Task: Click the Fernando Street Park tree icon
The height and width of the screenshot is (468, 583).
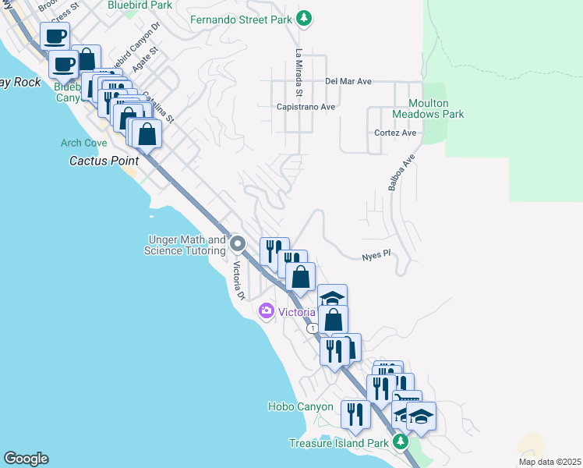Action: [305, 19]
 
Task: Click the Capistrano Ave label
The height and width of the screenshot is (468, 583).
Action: [306, 107]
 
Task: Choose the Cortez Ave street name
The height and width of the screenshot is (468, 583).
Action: [395, 133]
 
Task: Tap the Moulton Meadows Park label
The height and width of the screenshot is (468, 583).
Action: [436, 108]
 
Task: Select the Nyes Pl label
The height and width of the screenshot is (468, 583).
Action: [376, 255]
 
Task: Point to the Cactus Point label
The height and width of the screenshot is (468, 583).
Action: [104, 161]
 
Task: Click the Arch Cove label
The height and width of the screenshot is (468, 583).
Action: [83, 143]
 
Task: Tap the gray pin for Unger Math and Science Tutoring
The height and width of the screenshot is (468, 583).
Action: [238, 245]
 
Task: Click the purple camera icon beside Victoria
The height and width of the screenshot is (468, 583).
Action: [267, 312]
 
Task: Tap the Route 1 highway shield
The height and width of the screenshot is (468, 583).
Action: [312, 329]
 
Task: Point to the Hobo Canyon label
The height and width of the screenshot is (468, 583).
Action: [300, 406]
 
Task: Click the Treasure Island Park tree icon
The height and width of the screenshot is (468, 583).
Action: [401, 442]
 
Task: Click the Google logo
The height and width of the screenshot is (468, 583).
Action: [26, 459]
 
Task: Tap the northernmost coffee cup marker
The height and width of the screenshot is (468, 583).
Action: [55, 36]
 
